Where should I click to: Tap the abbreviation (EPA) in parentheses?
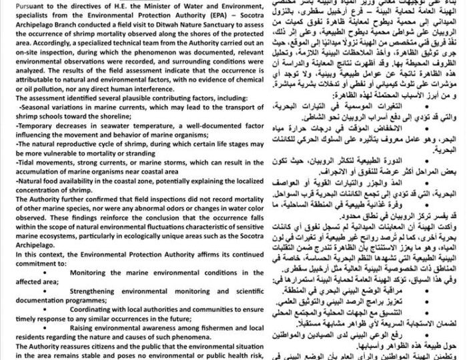coord(185,15)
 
